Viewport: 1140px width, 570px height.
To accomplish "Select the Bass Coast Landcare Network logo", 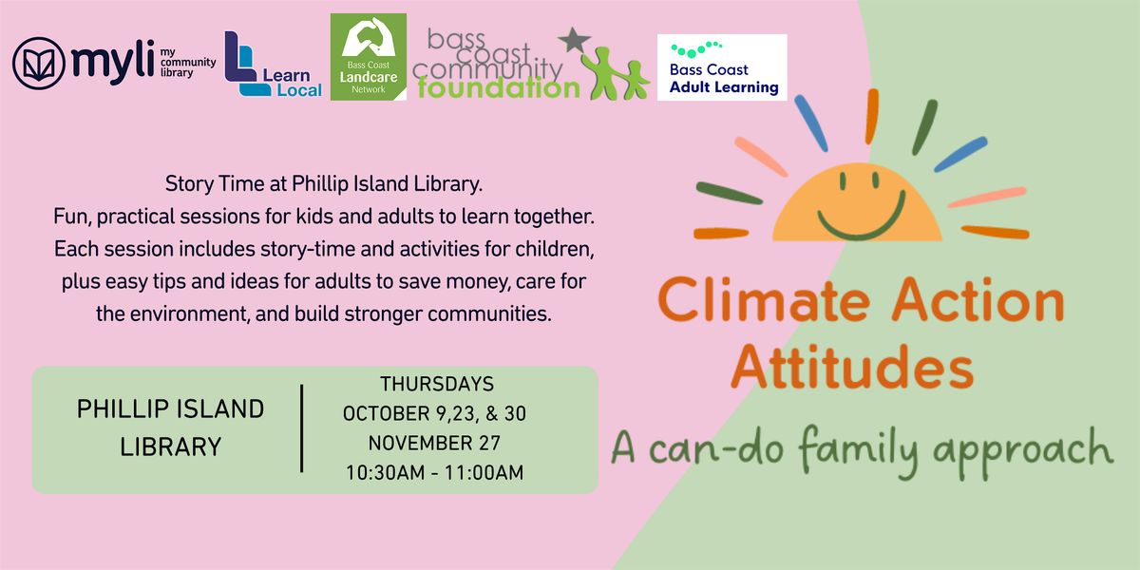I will pyautogui.click(x=369, y=57).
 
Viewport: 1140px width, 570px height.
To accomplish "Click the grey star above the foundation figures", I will pyautogui.click(x=573, y=39).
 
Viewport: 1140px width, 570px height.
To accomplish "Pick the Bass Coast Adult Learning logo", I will pyautogui.click(x=723, y=67).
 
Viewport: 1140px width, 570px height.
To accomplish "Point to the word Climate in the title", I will pyautogui.click(x=770, y=302).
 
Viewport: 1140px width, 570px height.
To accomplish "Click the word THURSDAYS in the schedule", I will pyautogui.click(x=436, y=385).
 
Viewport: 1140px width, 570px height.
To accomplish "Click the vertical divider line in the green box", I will pyautogui.click(x=302, y=428).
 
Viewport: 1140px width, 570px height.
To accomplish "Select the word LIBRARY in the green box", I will pyautogui.click(x=171, y=446).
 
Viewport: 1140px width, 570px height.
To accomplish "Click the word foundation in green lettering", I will pyautogui.click(x=498, y=88).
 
